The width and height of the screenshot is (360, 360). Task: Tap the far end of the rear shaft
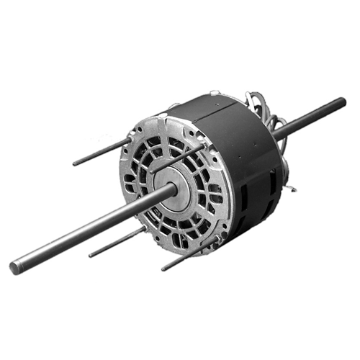[341, 102]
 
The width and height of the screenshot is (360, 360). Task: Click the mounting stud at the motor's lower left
[115, 243]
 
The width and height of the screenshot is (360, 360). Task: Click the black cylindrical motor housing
[238, 166]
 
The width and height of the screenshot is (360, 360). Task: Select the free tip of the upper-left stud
[75, 163]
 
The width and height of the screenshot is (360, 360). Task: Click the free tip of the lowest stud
[163, 269]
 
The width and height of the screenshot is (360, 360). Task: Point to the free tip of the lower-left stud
[90, 255]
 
